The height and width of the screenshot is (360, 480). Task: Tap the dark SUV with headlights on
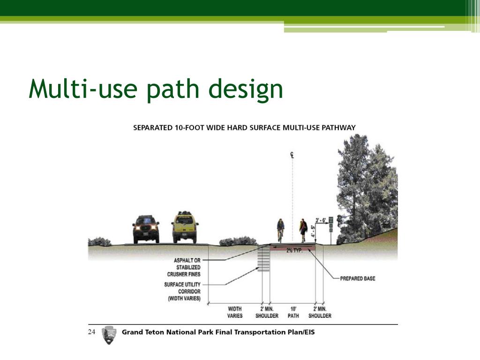[146, 229]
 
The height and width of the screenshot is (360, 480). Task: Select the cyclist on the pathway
[280, 230]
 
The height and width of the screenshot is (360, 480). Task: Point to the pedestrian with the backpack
[303, 229]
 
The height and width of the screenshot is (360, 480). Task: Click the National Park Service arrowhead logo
[108, 335]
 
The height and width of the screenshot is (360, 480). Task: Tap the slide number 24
[91, 332]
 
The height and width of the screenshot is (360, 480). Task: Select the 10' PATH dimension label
[293, 312]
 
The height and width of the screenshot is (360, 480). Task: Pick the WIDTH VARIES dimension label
[235, 312]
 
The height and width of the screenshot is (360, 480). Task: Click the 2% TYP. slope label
[294, 250]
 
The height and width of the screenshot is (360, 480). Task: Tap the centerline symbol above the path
[292, 155]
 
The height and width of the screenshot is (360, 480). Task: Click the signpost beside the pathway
[331, 228]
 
